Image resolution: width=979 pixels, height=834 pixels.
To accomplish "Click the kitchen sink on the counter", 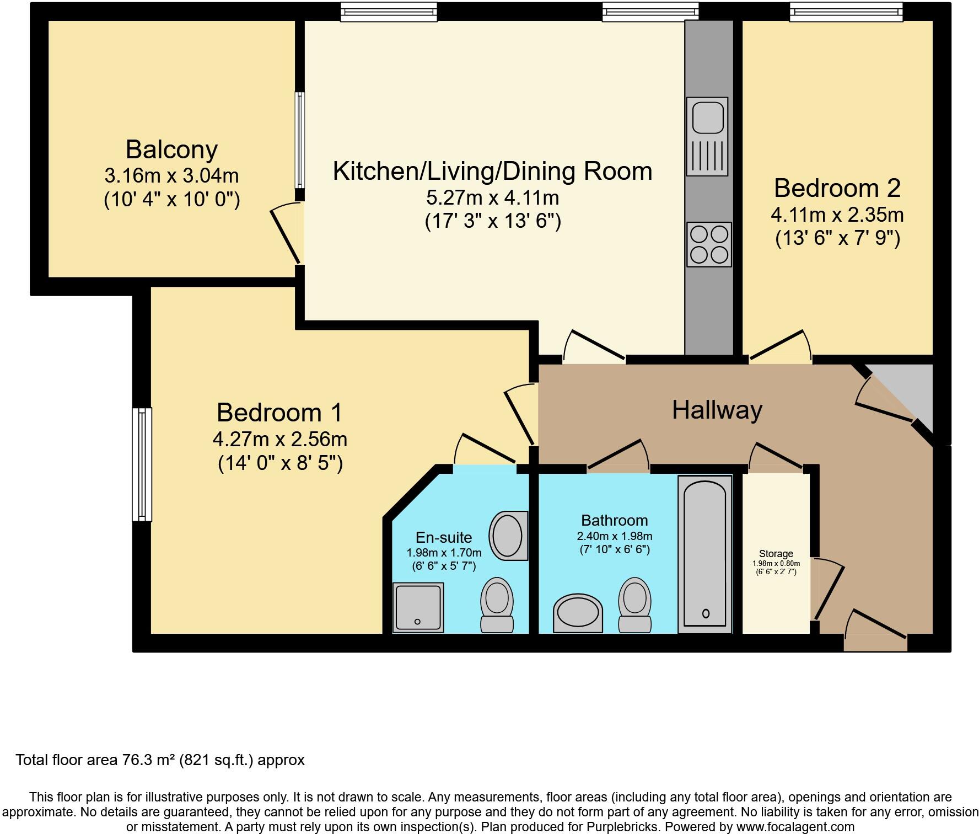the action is point(707,137).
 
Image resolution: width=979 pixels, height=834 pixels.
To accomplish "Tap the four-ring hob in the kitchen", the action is point(709,244).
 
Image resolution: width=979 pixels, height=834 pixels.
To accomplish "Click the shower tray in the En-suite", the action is point(418,607).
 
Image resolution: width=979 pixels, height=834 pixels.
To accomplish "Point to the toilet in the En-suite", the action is point(497,605).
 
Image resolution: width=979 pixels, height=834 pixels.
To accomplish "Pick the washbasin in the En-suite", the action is point(508,536).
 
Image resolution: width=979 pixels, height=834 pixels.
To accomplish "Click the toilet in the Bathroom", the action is point(634,605).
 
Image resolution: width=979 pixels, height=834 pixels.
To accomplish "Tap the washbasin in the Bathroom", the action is point(577,613).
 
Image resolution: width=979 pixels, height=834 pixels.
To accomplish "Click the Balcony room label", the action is point(171,149).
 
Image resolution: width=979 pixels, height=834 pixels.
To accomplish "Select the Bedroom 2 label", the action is point(837,188).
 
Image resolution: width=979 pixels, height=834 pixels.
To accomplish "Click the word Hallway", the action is point(717,410).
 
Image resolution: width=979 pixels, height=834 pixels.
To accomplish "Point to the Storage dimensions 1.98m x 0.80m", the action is point(776,563).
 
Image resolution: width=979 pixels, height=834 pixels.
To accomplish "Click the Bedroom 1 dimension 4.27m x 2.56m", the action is point(280,439).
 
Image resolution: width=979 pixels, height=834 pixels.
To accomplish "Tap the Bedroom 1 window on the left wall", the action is point(142,464).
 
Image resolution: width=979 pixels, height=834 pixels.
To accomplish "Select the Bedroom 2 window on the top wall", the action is point(846,12).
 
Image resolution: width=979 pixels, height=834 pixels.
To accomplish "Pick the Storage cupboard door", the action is point(829,589).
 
